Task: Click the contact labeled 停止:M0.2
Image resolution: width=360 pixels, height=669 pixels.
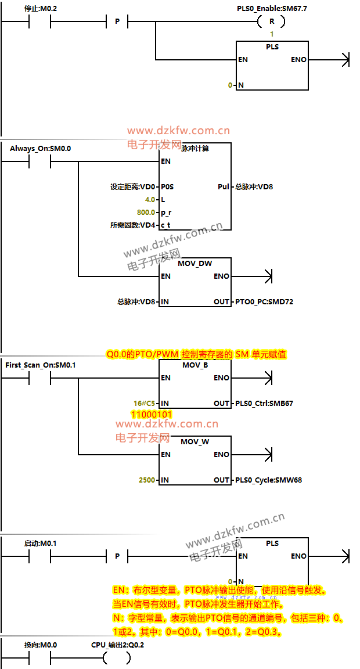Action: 40,21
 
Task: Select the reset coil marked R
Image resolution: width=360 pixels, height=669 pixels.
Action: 271,21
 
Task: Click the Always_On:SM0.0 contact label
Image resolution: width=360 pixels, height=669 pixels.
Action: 40,148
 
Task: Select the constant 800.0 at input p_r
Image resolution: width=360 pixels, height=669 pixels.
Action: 146,212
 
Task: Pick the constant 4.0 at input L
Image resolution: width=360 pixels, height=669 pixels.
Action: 150,199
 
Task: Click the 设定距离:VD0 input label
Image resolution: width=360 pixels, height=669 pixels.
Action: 133,186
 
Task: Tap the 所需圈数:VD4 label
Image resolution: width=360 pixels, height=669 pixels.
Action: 133,225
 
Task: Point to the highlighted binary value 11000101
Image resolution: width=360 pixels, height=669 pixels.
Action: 152,415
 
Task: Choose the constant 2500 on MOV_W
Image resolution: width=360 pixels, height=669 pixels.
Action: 146,480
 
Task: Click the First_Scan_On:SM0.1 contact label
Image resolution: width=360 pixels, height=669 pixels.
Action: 40,365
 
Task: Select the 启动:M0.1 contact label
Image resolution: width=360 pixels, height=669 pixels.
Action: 40,543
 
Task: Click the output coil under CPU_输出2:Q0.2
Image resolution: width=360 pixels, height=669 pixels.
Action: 117,657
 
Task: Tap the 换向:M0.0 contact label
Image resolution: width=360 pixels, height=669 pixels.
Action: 40,645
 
